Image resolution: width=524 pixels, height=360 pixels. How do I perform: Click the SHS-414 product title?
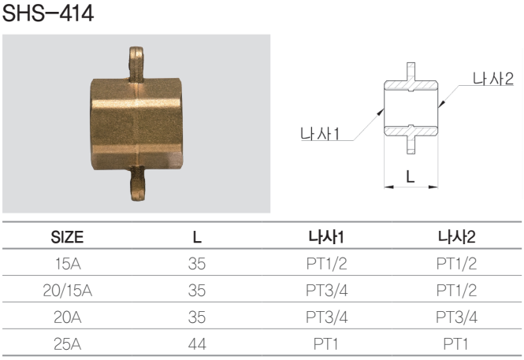[x=48, y=13]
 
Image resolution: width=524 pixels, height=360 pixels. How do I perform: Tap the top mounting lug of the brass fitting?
[x=136, y=64]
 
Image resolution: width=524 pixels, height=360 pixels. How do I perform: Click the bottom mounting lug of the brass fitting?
[x=137, y=184]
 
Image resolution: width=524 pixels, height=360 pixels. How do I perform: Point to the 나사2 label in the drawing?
[x=493, y=79]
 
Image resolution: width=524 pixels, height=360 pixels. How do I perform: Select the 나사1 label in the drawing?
[x=320, y=134]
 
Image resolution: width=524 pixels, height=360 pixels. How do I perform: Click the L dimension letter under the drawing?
[x=411, y=176]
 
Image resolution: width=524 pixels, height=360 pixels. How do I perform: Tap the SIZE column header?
[x=67, y=237]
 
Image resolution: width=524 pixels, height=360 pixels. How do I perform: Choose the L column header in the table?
[x=197, y=237]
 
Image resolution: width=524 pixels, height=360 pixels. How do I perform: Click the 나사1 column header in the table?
[x=326, y=237]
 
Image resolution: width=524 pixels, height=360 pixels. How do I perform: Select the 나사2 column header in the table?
[x=456, y=237]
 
